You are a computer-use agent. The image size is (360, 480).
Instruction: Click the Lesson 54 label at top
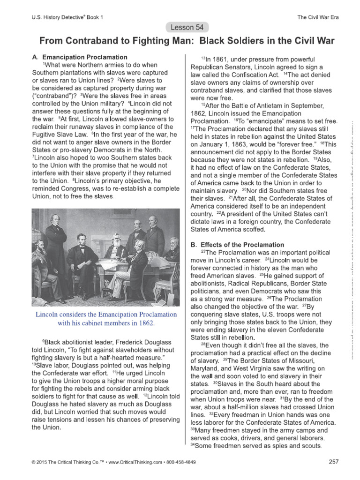(x=180, y=28)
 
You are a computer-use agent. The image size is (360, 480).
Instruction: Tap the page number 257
(x=333, y=462)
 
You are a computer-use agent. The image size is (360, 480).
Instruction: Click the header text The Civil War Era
(x=318, y=17)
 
